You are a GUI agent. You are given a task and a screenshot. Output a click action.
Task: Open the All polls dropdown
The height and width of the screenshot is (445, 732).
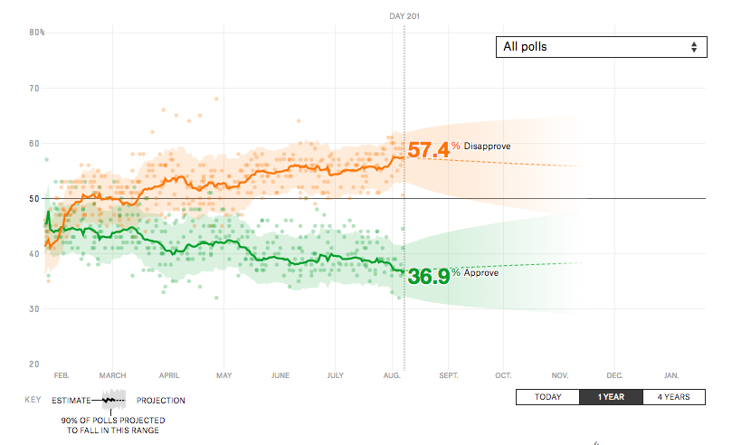pyautogui.click(x=600, y=47)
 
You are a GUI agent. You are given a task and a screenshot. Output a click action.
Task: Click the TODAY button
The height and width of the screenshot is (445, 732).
pyautogui.click(x=547, y=397)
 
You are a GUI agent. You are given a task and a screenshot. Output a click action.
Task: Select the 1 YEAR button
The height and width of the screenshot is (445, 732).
pyautogui.click(x=611, y=397)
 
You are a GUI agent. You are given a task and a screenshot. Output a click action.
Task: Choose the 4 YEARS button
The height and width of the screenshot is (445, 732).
pyautogui.click(x=673, y=397)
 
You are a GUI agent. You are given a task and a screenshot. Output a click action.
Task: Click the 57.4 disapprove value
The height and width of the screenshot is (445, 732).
pyautogui.click(x=428, y=150)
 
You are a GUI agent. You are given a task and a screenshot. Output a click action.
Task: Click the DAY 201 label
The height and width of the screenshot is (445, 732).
pyautogui.click(x=404, y=16)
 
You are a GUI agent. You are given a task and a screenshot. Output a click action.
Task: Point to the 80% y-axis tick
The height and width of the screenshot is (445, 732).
pyautogui.click(x=37, y=33)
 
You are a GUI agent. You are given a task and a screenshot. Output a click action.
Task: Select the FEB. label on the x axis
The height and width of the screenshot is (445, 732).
pyautogui.click(x=62, y=374)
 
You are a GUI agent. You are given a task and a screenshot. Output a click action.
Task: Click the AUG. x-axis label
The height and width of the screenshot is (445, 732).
pyautogui.click(x=392, y=374)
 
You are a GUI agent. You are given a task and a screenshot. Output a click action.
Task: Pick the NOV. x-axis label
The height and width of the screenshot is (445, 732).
pyautogui.click(x=559, y=374)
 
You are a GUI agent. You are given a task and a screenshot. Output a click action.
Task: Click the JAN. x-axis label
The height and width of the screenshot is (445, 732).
pyautogui.click(x=671, y=374)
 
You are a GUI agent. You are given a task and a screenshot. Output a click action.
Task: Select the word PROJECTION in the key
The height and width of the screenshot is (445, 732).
pyautogui.click(x=161, y=400)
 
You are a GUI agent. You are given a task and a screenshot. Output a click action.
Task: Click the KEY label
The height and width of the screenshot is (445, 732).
pyautogui.click(x=33, y=400)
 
